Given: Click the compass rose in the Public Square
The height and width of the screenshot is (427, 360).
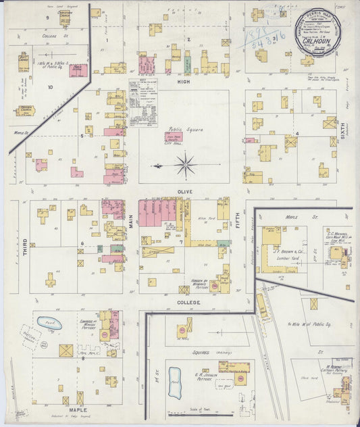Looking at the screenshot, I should (x=184, y=164).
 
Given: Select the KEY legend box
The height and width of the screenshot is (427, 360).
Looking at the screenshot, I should (x=143, y=102).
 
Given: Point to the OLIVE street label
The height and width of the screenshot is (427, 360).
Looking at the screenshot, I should (x=184, y=192).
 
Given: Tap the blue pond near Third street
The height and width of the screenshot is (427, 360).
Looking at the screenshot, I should (x=49, y=323).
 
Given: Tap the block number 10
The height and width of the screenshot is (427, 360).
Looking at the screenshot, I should (x=49, y=86).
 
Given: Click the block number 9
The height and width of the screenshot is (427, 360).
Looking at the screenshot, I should (x=47, y=16).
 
